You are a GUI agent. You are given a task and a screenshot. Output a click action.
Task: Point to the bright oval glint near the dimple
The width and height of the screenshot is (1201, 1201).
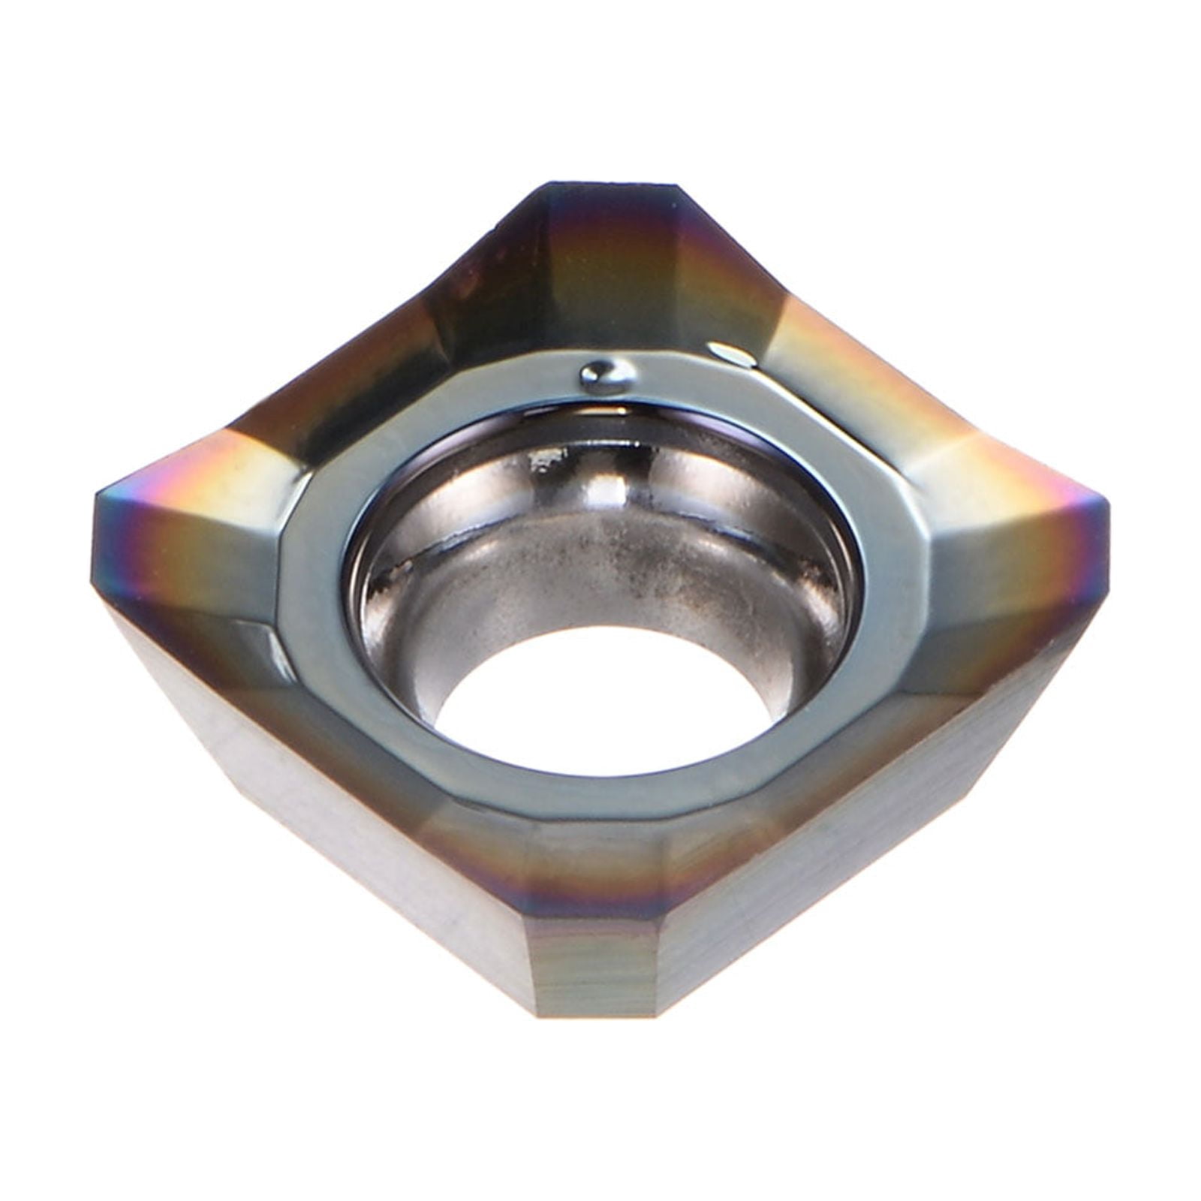click(x=732, y=354)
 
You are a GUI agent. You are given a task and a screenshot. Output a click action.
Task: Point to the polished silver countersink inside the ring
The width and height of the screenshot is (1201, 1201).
click(x=600, y=540)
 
